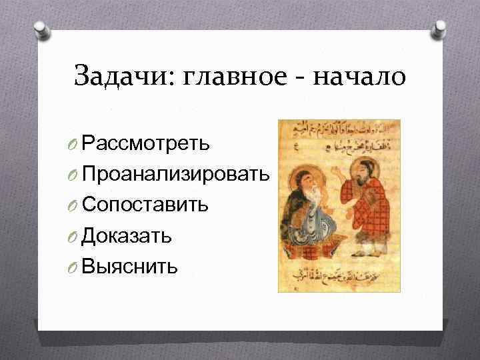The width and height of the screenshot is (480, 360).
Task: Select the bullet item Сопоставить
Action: pyautogui.click(x=145, y=204)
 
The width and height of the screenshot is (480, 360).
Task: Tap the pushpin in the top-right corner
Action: pyautogui.click(x=441, y=29)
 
